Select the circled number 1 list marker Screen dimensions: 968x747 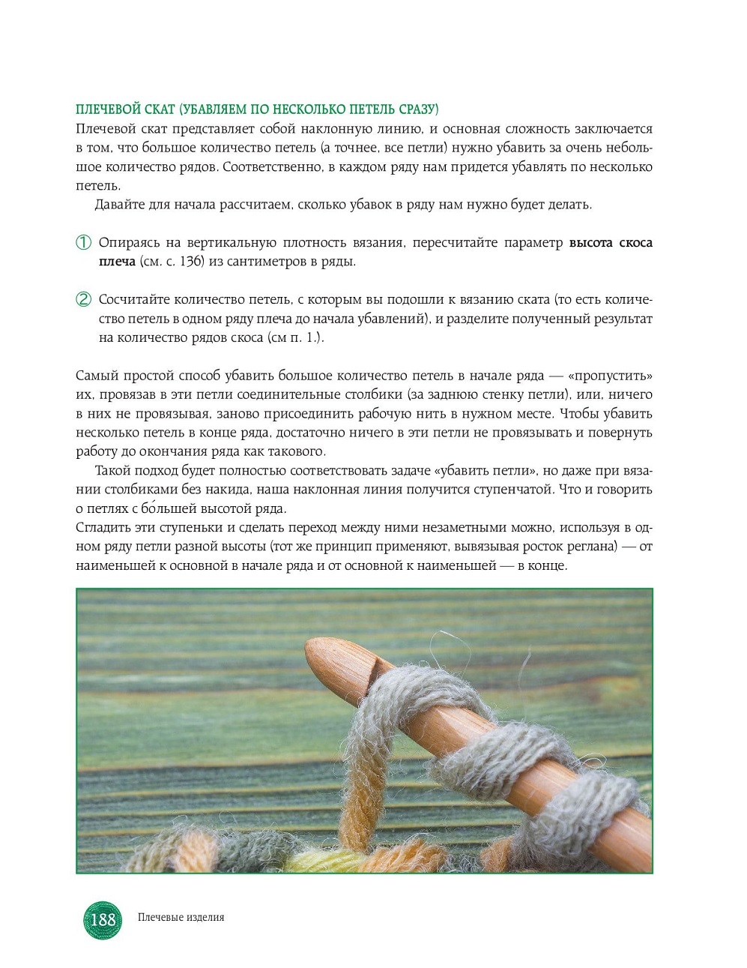coord(83,243)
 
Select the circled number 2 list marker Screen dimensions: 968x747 coord(83,300)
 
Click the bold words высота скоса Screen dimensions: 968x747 coord(610,243)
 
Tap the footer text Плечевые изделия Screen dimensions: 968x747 coord(181,917)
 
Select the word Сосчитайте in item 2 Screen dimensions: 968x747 coord(131,300)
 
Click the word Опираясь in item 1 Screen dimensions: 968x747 coord(127,243)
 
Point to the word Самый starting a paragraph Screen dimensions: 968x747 coord(94,376)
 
